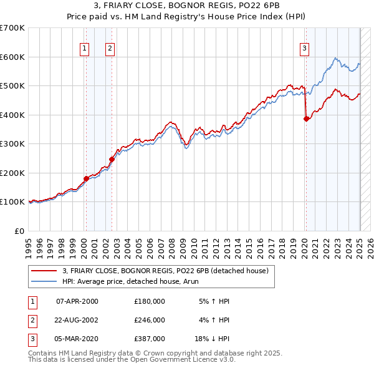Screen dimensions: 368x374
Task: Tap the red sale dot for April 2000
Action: (86, 178)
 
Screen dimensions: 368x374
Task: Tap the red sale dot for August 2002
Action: (112, 159)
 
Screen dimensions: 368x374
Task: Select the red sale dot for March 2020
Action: (306, 119)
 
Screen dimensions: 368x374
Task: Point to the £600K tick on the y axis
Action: (12, 57)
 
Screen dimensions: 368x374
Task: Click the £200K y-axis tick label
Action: (12, 173)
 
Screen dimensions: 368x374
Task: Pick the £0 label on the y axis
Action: (20, 231)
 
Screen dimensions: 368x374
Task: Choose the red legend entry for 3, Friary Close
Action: (165, 271)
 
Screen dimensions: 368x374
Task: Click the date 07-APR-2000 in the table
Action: (77, 301)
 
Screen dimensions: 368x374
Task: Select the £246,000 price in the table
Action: (150, 320)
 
